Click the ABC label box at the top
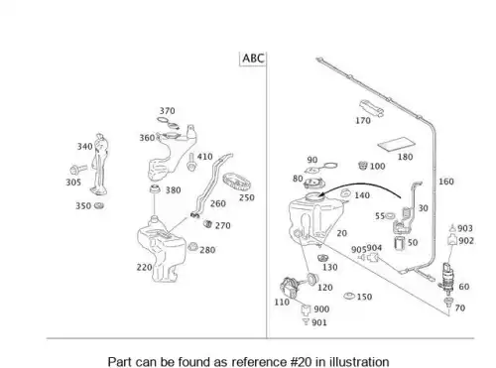(x=253, y=59)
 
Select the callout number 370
(x=168, y=111)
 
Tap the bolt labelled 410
(x=190, y=162)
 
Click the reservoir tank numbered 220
(x=162, y=249)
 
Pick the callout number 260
(x=218, y=203)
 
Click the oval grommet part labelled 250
(x=236, y=182)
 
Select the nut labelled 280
(x=192, y=247)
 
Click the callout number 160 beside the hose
(x=446, y=182)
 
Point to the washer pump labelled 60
(x=447, y=279)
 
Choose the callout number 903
(x=465, y=228)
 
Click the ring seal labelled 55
(x=390, y=216)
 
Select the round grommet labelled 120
(x=311, y=279)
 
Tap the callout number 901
(x=319, y=322)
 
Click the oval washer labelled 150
(x=349, y=296)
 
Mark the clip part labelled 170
(x=371, y=108)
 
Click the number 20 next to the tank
(x=342, y=233)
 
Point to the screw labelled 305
(x=78, y=170)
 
